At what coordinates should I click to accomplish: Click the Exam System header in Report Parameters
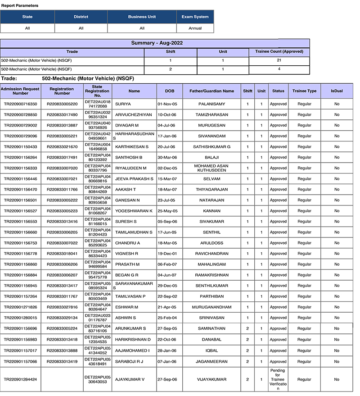[x=195, y=17]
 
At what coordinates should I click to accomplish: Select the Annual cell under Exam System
[x=195, y=28]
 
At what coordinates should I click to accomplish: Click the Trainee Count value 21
[x=279, y=60]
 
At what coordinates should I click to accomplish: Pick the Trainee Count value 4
[x=279, y=69]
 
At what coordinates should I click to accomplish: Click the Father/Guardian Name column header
[x=211, y=91]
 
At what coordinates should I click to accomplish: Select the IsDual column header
[x=337, y=91]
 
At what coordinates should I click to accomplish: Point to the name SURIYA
[x=123, y=104]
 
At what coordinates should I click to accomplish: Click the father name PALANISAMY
[x=211, y=104]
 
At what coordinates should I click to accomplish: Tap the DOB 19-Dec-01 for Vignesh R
[x=170, y=254]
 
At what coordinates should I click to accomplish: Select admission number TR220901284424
[x=20, y=379]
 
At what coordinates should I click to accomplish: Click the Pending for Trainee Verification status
[x=278, y=379]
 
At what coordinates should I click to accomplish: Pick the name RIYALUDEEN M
[x=131, y=168]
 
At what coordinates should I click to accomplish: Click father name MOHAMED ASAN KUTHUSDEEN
[x=211, y=168]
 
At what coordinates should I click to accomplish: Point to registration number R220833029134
[x=62, y=318]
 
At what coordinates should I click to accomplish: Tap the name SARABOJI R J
[x=130, y=361]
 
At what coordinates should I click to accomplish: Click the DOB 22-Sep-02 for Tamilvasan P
[x=170, y=296]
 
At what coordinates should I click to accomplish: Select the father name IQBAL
[x=211, y=350]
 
